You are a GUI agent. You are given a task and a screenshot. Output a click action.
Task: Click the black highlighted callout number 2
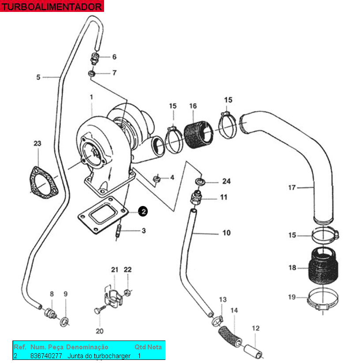tap(143, 211)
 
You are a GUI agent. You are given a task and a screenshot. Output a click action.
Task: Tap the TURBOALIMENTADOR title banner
tap(52, 6)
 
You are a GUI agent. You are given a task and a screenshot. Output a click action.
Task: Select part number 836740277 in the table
tap(46, 356)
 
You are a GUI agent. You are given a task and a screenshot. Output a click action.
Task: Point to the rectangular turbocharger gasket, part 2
tap(103, 215)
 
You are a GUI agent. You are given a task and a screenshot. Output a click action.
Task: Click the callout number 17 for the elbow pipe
tap(292, 187)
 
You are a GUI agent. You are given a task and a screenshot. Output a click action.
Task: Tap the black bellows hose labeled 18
tap(323, 266)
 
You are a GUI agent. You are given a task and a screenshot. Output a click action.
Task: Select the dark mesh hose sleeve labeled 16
tap(198, 135)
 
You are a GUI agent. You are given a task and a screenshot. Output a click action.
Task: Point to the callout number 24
tap(226, 181)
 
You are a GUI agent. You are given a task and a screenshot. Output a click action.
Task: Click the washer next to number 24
tap(200, 182)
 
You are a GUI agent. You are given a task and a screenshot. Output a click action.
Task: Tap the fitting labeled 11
tap(196, 197)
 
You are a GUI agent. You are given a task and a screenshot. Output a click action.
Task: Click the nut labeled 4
tap(157, 179)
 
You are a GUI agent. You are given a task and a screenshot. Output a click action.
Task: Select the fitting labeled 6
tap(94, 59)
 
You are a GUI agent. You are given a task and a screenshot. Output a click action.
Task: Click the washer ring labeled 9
tap(64, 322)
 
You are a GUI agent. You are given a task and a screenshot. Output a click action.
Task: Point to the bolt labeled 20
tap(100, 309)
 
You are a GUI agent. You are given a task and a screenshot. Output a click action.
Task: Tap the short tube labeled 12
tap(253, 351)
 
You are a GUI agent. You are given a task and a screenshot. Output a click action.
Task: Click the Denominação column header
tap(87, 347)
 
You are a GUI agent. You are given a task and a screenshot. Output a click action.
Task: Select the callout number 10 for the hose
tap(226, 232)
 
